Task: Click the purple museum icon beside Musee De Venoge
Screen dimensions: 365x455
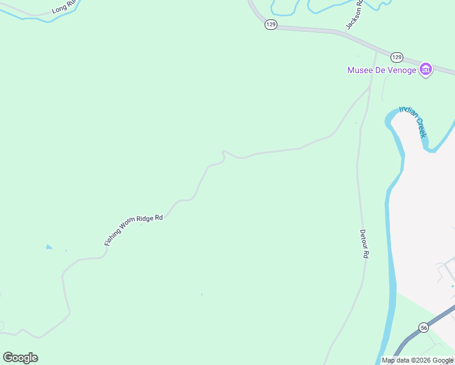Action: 426,70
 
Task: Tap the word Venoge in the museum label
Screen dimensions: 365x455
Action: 402,70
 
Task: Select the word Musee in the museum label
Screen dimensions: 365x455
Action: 359,70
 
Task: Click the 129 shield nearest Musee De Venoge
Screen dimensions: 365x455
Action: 397,57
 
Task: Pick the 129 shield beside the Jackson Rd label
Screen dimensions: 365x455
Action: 271,24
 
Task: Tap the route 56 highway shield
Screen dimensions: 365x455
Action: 423,327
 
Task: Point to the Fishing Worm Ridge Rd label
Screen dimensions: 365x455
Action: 133,229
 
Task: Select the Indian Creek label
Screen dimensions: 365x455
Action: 413,122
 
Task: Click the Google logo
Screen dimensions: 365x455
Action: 20,357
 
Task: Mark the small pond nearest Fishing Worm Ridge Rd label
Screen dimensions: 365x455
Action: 49,247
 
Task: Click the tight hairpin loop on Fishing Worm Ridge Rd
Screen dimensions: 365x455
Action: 224,155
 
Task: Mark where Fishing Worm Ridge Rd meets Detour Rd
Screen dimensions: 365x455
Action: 369,89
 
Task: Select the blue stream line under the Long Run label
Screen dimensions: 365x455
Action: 36,18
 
